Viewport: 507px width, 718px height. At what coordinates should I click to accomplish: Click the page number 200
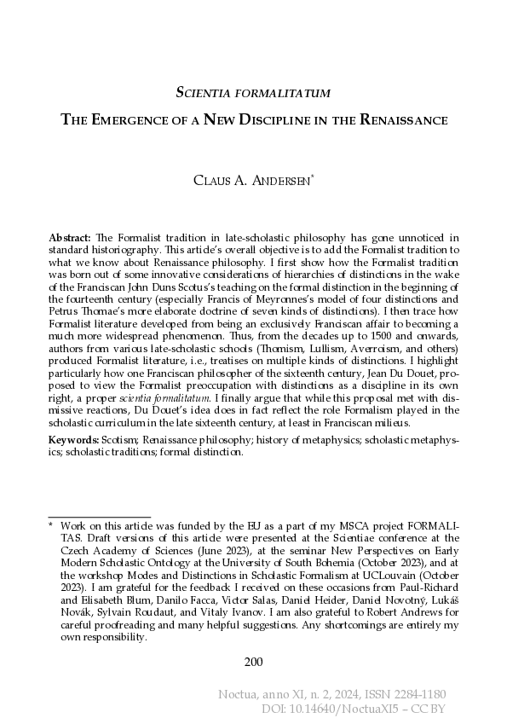point(253,661)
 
